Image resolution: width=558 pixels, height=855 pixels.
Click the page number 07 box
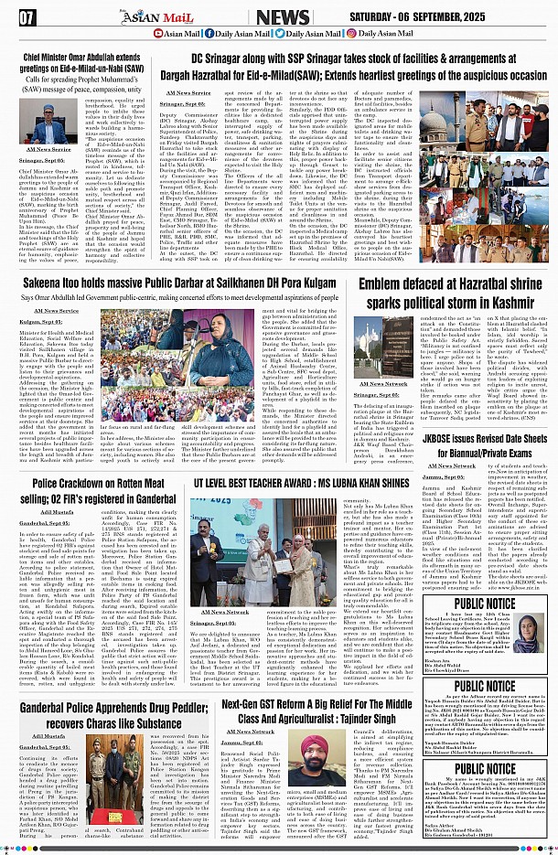[27, 16]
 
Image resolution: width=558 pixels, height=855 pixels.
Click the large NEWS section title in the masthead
[283, 17]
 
